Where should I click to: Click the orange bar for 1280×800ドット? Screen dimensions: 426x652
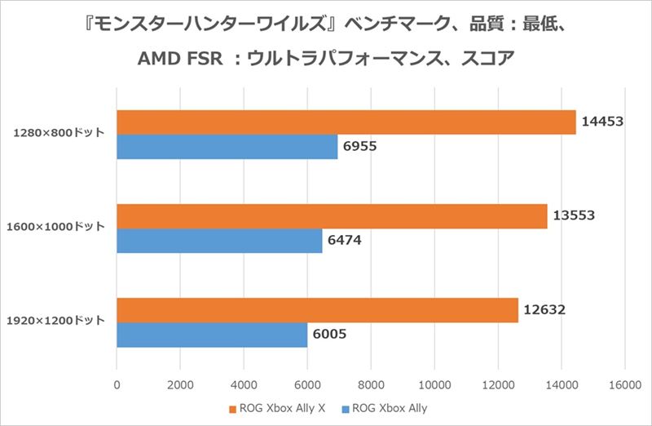346,122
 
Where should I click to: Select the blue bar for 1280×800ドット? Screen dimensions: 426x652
227,147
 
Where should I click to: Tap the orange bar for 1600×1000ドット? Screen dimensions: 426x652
332,216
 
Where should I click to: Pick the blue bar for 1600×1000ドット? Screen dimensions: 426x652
219,241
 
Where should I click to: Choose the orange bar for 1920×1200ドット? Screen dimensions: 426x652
318,310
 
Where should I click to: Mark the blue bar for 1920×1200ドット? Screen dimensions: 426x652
212,335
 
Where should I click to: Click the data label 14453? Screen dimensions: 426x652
603,122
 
